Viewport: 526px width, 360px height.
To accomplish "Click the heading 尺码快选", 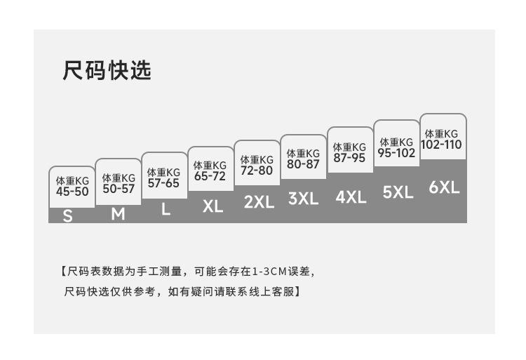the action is click(107, 71).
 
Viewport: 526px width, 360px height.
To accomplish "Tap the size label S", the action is click(68, 216).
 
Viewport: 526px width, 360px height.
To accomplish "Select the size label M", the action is click(118, 214).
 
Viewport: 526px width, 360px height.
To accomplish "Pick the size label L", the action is click(166, 209).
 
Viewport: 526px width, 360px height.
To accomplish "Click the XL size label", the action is click(213, 206).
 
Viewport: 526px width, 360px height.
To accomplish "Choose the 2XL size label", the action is click(259, 202).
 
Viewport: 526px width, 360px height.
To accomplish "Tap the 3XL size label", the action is click(304, 199).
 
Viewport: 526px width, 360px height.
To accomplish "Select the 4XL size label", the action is click(351, 197).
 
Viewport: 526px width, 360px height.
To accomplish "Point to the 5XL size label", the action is click(398, 192).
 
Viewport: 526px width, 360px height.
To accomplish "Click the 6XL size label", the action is click(444, 187).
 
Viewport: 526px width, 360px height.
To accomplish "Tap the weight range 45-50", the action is click(72, 191).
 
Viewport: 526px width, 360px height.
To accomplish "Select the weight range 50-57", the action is click(119, 188).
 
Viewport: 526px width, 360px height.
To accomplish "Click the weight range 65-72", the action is click(210, 176).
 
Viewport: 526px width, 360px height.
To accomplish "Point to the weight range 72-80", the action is click(257, 170).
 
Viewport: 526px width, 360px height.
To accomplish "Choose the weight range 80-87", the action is click(303, 164).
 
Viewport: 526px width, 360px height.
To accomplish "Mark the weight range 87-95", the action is click(349, 158).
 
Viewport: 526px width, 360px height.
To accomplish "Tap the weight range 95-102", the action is click(396, 152).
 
